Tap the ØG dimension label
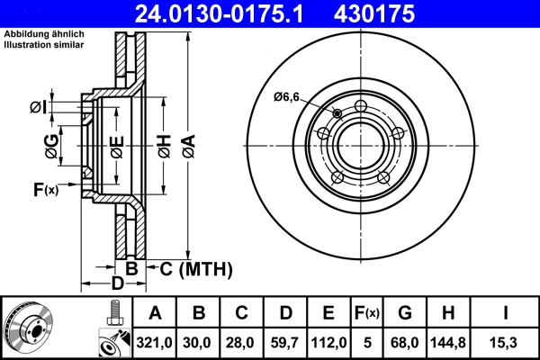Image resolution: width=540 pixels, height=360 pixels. (x=52, y=147)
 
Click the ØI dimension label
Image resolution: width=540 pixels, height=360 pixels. (x=38, y=108)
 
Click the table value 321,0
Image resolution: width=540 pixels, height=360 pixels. (x=156, y=343)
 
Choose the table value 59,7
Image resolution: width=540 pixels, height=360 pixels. (x=285, y=343)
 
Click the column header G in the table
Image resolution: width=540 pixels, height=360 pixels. (x=404, y=314)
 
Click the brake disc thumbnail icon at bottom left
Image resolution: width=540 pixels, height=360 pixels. (x=30, y=328)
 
